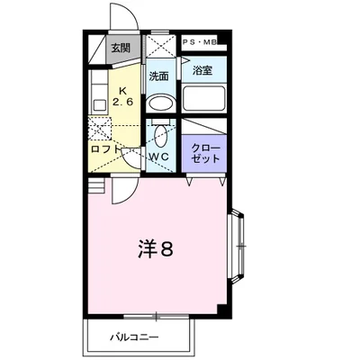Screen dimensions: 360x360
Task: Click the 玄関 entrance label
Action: coord(121,48)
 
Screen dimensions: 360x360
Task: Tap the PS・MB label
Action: coord(200,42)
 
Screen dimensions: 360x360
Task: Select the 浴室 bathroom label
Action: coord(202,70)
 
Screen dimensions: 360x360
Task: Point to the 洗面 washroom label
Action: coord(159,76)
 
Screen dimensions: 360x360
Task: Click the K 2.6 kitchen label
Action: coord(122,96)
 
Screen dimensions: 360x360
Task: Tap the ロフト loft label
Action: coord(105,149)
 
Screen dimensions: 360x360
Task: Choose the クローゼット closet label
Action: coord(206,153)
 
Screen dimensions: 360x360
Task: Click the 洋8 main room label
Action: coord(156,248)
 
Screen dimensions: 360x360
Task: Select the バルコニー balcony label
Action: coord(134,337)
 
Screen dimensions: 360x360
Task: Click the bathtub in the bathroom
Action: coord(203,98)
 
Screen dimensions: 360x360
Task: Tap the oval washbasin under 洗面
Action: coord(161,103)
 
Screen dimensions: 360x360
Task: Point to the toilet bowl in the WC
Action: coord(160,136)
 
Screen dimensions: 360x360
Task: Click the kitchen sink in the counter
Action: coord(99,105)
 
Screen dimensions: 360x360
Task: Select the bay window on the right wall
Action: coord(237,246)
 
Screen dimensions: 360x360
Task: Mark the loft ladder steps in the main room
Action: coord(96,185)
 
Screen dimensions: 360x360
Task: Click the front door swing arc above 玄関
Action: coord(125,16)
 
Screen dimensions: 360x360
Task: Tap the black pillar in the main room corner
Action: coord(221,310)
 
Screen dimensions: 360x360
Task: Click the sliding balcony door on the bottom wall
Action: coord(157,316)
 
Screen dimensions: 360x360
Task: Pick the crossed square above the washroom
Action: coord(160,45)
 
